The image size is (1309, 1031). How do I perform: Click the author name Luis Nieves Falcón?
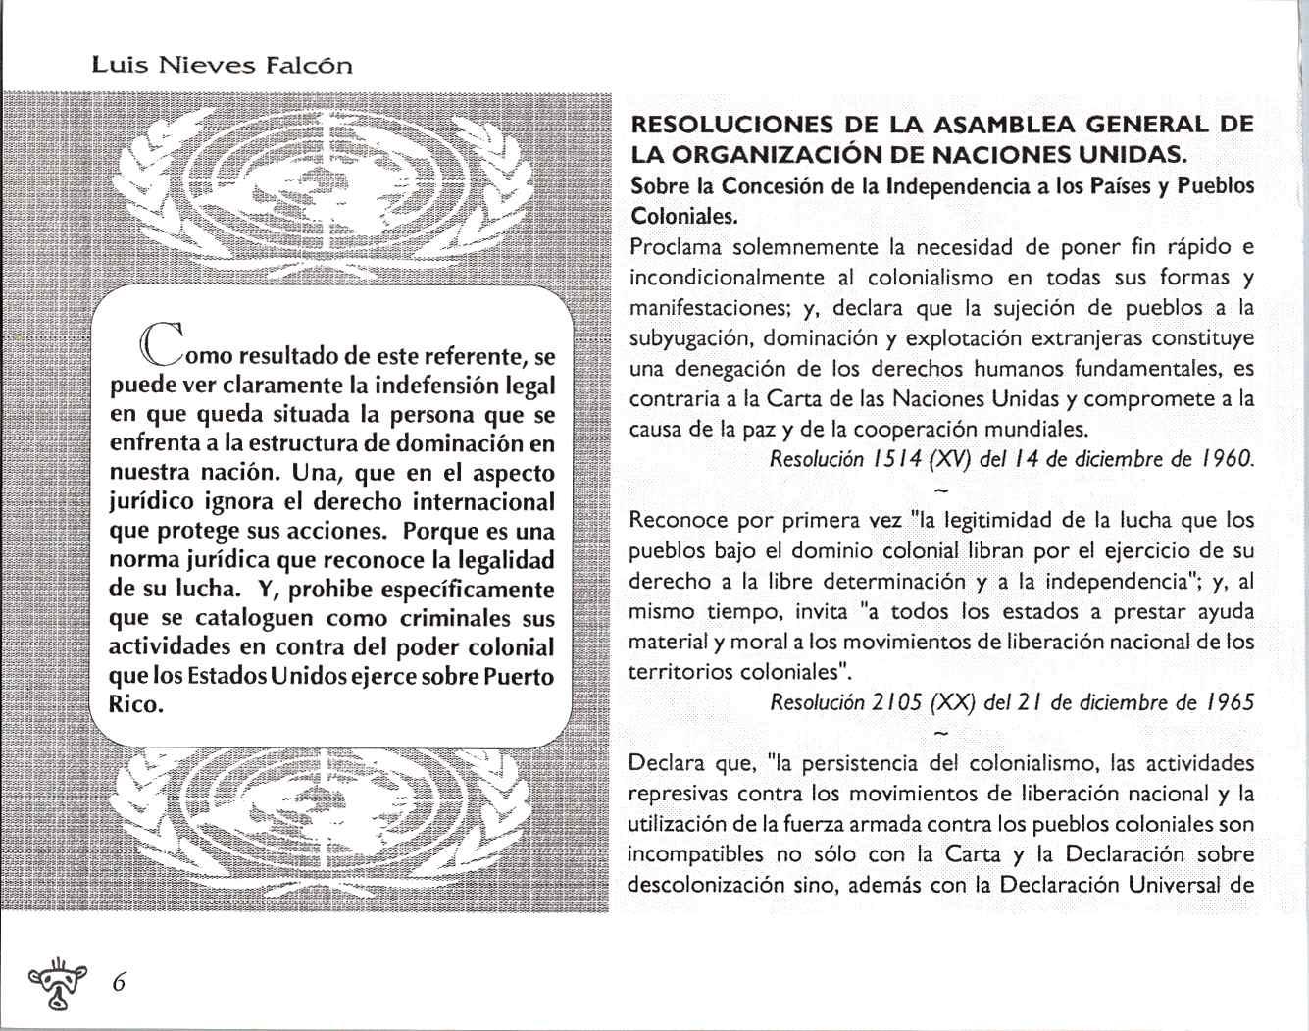pos(221,66)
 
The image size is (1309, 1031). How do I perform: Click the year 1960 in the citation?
pos(1231,459)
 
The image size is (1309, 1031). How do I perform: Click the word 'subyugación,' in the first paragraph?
pos(689,338)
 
